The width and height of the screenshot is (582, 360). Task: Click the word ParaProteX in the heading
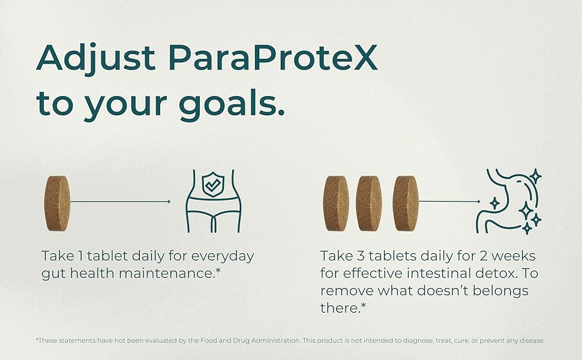[273, 58]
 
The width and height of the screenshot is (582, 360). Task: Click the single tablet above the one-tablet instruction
[57, 203]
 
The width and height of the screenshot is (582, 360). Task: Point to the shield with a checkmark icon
[213, 184]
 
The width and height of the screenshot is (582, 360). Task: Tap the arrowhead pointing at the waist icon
[169, 202]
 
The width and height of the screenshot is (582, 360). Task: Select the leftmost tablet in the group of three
[336, 203]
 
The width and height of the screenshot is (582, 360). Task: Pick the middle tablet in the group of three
[368, 203]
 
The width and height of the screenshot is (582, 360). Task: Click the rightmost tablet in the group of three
[406, 203]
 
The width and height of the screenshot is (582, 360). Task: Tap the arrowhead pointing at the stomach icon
[478, 202]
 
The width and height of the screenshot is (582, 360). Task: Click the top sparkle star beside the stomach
[536, 176]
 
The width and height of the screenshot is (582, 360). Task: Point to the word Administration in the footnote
[275, 340]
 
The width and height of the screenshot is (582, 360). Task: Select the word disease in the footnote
[532, 340]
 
